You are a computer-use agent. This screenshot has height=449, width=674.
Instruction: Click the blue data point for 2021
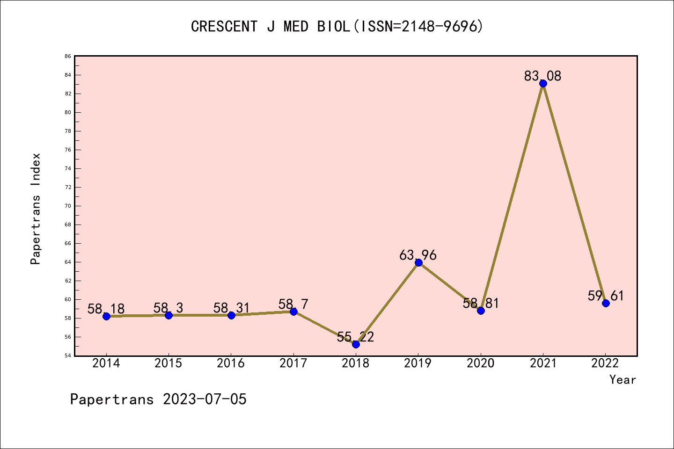pos(543,84)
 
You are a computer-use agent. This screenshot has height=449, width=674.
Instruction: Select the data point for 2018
pos(356,344)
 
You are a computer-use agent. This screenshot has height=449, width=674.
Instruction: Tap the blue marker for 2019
pos(418,262)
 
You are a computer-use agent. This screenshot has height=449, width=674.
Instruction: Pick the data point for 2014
pos(106,316)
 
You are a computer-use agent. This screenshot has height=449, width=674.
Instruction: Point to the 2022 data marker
pos(606,303)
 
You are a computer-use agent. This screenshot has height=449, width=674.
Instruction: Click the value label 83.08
pos(542,76)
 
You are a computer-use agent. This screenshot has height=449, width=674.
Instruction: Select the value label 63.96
pos(418,255)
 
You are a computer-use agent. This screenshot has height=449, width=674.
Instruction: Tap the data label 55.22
pos(355,337)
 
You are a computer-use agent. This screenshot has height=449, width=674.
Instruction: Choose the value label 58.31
pos(231,308)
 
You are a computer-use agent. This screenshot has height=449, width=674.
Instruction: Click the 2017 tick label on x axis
pos(293,363)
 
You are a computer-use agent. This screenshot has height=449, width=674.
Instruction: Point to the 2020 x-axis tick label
pos(481,363)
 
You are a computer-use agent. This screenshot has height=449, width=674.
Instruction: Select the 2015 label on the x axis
pos(168,363)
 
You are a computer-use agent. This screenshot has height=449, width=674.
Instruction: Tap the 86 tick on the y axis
pos(68,56)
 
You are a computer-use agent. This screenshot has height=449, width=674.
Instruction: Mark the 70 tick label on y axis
pos(68,206)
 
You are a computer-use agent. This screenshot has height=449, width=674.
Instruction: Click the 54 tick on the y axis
pos(68,355)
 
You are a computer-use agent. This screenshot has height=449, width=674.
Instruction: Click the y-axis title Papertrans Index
pos(36,209)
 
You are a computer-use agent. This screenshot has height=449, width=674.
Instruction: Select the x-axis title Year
pos(623,380)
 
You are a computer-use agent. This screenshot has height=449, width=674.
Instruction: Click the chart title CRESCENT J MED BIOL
pos(337,27)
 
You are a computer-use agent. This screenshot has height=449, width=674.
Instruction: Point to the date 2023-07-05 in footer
pos(205,399)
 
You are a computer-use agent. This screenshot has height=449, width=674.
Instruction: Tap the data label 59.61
pos(606,296)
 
